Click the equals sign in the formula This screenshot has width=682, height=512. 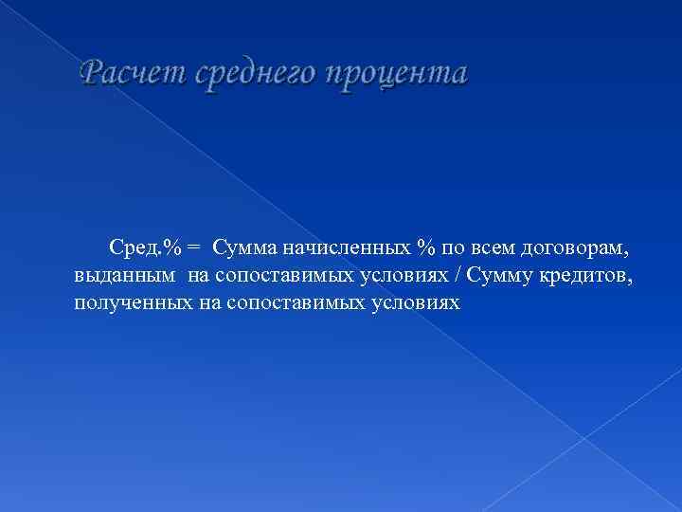coord(192,248)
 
